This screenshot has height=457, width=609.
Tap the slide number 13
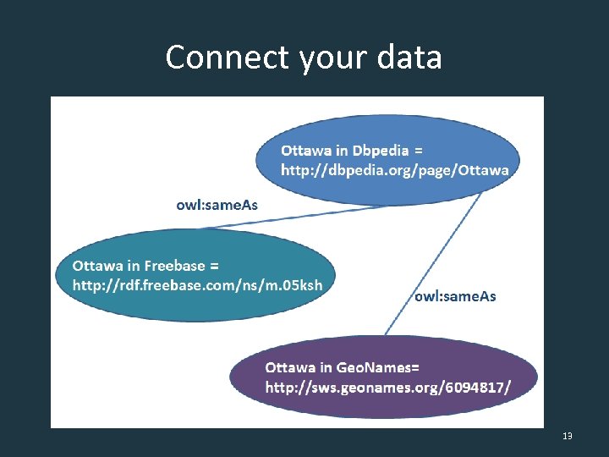567,436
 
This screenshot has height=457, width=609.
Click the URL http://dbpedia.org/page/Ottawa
395,170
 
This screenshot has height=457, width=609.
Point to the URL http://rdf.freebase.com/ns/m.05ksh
197,285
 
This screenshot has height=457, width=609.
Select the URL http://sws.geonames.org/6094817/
388,388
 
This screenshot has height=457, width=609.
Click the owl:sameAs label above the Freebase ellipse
217,205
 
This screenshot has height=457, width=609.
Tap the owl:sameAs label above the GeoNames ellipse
455,296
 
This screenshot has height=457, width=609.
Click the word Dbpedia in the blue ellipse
380,151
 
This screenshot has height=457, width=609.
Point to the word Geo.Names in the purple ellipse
370,367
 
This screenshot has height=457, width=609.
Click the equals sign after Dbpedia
419,151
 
